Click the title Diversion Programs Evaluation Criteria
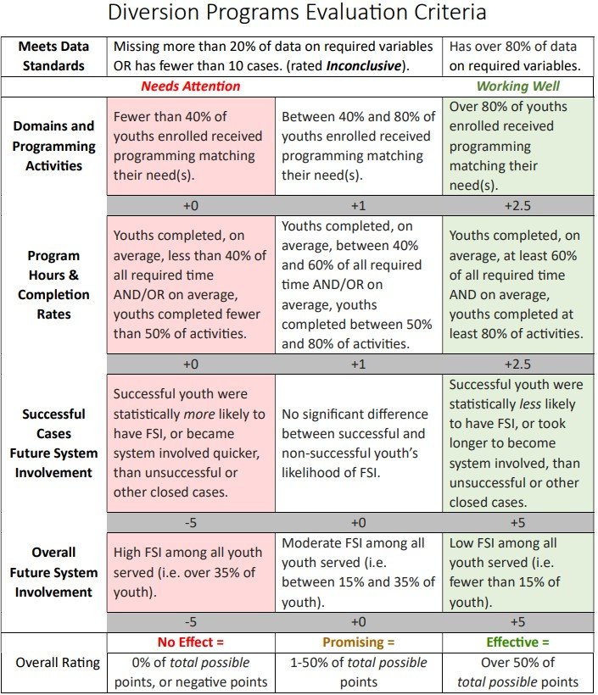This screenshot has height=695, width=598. coord(297,12)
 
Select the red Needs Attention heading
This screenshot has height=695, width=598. coord(190,86)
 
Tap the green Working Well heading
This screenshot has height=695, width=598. coord(517,86)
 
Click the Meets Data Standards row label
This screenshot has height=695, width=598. coord(53,56)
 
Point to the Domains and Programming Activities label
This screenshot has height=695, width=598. coord(53,146)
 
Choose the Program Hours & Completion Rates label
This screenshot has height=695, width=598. coord(53,285)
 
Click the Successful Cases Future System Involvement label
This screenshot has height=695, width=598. coord(53,443)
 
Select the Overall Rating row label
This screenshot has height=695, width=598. coord(58,663)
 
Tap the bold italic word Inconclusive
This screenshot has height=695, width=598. coord(364,66)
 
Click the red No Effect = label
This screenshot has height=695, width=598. coord(190,642)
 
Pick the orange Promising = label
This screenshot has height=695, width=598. coord(359,642)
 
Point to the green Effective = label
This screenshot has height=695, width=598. coord(517,642)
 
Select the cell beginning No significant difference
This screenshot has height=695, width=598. coord(359,443)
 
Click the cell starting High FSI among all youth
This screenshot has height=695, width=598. coord(191,573)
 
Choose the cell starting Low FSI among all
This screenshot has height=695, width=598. coord(517,573)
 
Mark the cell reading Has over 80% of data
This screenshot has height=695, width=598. coord(517,56)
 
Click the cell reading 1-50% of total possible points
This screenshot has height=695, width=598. coord(359,672)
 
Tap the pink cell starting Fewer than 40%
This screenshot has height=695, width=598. coord(191,146)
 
